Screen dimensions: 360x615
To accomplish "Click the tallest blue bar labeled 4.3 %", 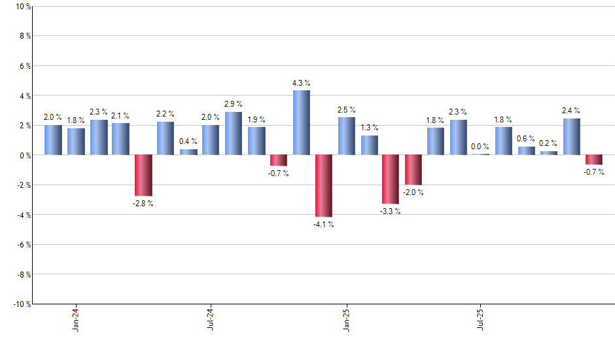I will [301, 122].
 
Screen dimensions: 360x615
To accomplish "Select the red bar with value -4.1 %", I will [324, 185].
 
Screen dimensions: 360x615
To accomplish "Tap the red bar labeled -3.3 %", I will [391, 179].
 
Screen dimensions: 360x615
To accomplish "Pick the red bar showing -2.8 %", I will [143, 175].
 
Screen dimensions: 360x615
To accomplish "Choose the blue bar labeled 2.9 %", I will [234, 134].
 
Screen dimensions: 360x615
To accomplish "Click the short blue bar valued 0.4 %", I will [188, 152].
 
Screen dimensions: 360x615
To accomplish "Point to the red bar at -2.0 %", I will [413, 170].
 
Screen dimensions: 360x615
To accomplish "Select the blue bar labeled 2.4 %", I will [571, 137].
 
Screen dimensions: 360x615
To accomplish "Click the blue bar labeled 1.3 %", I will [369, 145].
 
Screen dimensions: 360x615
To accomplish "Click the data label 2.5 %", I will [346, 110].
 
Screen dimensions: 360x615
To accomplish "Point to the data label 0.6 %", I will [526, 139].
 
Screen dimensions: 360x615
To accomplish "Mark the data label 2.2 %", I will [166, 115].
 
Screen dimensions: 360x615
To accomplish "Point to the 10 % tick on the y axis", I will [22, 7].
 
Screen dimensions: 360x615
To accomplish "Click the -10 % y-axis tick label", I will [20, 304].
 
